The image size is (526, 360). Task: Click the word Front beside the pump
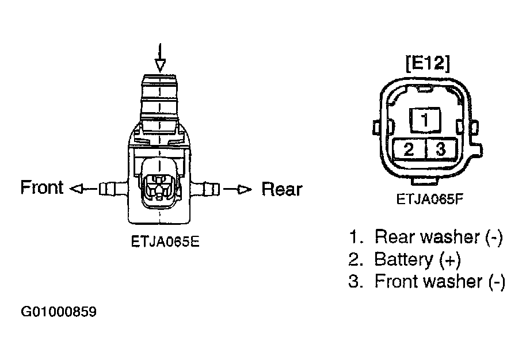pyautogui.click(x=42, y=187)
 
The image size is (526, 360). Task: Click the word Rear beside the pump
pyautogui.click(x=282, y=189)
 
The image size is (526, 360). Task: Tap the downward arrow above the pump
pyautogui.click(x=161, y=58)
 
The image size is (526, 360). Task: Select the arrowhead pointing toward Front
pyautogui.click(x=76, y=189)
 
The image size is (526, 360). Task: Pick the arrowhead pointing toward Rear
pyautogui.click(x=245, y=190)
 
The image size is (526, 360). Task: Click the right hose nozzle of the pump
pyautogui.click(x=207, y=189)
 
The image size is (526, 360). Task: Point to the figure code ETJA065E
pyautogui.click(x=165, y=242)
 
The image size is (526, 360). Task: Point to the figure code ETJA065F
pyautogui.click(x=430, y=200)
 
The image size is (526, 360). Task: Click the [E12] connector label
pyautogui.click(x=428, y=63)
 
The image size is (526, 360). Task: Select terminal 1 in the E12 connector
pyautogui.click(x=425, y=120)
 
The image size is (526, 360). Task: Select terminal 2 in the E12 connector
pyautogui.click(x=409, y=149)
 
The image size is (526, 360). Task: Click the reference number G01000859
pyautogui.click(x=59, y=312)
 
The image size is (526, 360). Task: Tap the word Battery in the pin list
pyautogui.click(x=403, y=259)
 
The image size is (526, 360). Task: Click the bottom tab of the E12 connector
pyautogui.click(x=426, y=181)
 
